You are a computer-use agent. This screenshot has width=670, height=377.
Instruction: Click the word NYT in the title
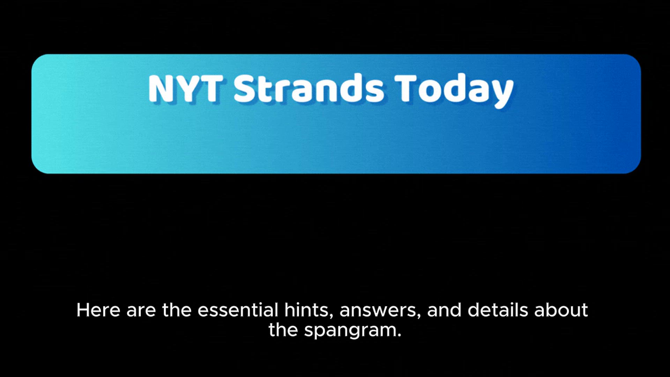coord(185,88)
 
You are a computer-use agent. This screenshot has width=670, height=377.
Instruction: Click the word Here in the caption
coord(98,310)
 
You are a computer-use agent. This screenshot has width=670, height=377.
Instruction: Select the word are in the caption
coord(141,312)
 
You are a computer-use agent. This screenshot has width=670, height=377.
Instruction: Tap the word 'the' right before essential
coord(177,310)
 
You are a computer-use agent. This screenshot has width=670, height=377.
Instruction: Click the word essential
coord(238,310)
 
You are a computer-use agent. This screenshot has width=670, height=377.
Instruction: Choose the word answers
coord(378,312)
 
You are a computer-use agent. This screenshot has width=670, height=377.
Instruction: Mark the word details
coord(498,310)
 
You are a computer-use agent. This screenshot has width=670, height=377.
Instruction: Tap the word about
coord(561,310)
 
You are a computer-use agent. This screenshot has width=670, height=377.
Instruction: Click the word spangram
coord(350,332)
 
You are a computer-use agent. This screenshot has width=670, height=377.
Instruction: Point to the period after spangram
coord(399,335)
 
